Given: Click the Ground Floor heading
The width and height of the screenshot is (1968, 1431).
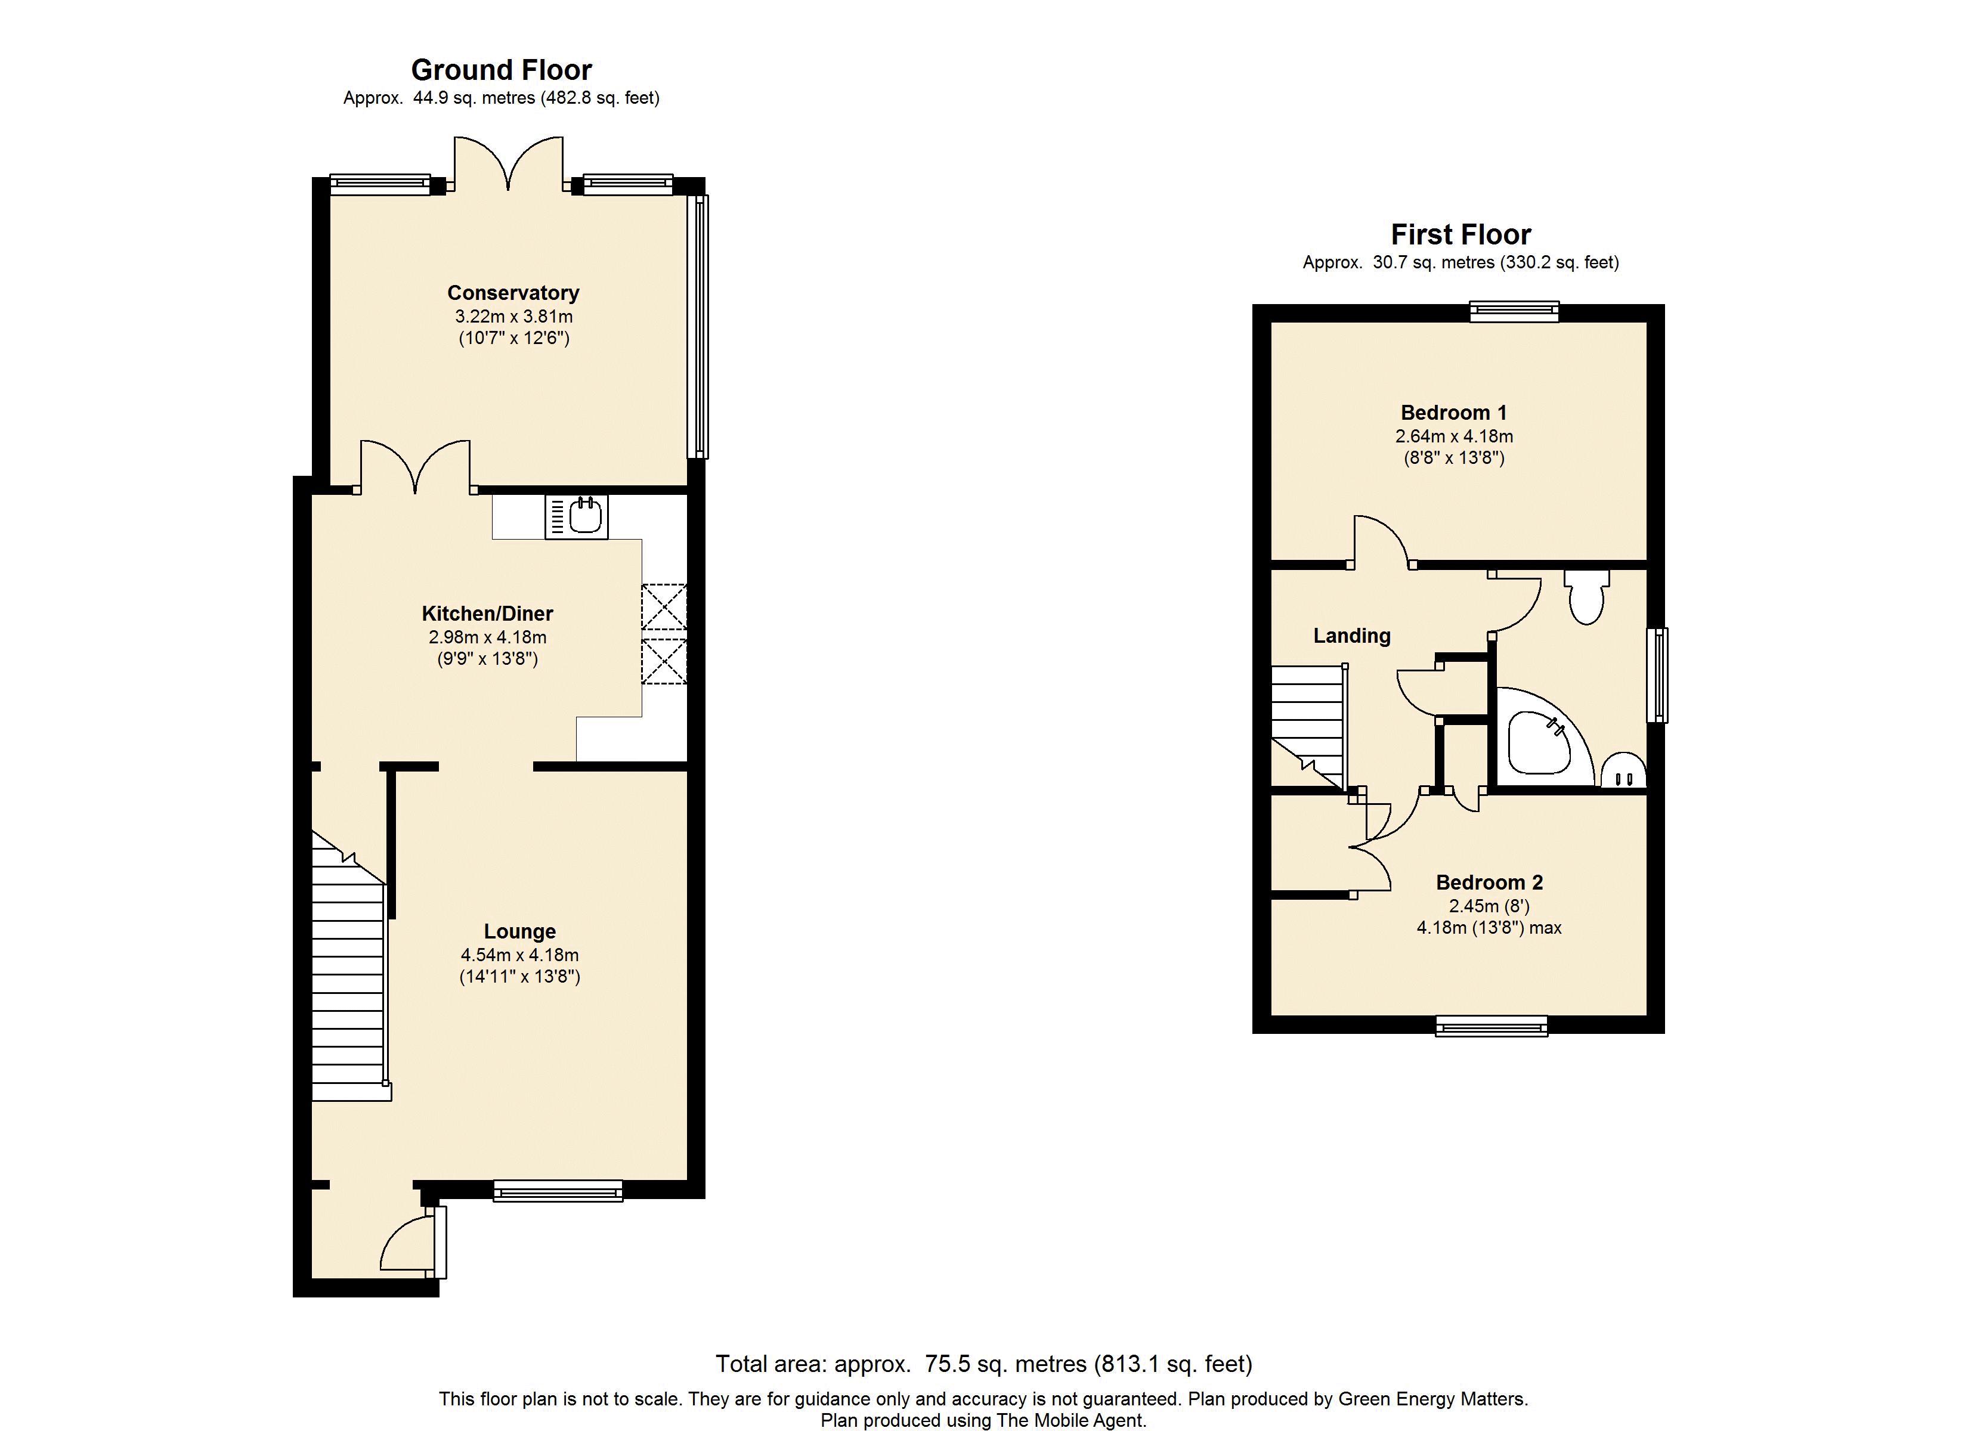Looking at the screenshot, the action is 502,69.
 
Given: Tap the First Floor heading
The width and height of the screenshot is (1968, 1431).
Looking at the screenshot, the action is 1460,234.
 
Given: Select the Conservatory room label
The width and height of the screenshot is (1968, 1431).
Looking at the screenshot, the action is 513,293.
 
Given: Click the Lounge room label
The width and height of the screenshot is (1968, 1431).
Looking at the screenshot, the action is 520,932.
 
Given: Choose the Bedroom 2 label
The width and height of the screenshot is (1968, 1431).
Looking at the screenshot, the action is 1489,882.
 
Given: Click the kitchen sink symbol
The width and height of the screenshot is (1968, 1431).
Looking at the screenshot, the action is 576,516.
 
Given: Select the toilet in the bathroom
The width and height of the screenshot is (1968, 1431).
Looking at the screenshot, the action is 1586,596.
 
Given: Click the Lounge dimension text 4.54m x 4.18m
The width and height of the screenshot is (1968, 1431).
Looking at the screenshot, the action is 520,955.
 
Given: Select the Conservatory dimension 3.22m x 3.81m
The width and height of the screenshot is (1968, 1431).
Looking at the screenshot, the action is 513,317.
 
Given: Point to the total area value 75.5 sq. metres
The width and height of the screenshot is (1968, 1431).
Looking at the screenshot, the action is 1005,1364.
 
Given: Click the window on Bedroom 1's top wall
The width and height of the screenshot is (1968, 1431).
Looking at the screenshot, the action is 1514,311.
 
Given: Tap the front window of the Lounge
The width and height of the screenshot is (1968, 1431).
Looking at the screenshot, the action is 558,1191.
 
